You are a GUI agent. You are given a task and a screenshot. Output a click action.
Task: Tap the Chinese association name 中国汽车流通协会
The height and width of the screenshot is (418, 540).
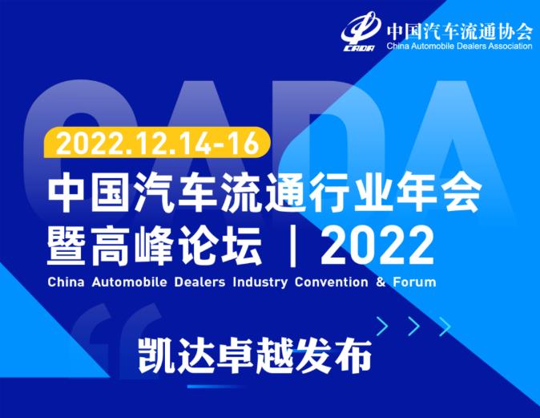[459, 31]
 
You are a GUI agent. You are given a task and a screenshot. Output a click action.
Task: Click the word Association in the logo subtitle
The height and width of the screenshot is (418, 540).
[510, 46]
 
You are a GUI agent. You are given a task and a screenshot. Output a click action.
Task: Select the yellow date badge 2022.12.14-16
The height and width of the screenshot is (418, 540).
[157, 143]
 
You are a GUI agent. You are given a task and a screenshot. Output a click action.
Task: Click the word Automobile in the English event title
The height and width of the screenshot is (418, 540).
[129, 282]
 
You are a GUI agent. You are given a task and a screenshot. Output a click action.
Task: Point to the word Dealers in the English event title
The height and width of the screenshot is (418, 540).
[199, 282]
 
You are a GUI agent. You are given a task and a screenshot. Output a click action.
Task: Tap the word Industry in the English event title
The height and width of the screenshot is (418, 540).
[260, 282]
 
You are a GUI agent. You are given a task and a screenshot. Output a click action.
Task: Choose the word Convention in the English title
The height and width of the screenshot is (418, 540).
[332, 282]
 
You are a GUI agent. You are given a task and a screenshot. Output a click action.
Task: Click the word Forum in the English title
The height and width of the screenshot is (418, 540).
[414, 282]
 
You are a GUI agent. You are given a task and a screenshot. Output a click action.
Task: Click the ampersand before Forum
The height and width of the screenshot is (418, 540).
[381, 282]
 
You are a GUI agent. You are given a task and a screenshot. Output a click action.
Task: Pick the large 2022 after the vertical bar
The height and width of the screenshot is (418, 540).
[377, 246]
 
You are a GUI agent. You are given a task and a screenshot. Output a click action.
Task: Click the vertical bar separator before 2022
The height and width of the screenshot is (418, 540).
[293, 246]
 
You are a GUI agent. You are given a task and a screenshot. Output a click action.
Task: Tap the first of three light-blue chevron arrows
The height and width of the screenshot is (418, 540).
[382, 327]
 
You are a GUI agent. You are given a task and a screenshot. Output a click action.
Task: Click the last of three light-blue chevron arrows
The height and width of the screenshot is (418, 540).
[445, 327]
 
